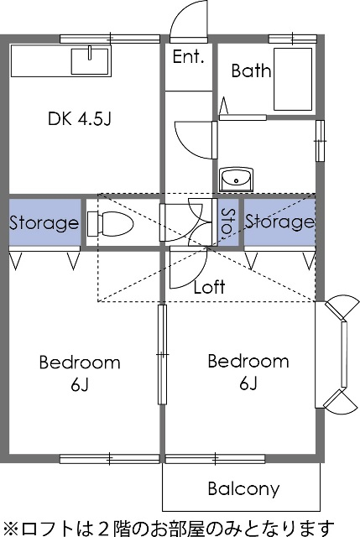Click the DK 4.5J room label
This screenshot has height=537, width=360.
point(80,118)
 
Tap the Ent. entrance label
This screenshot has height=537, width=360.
point(189,56)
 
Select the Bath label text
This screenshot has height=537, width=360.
point(251,70)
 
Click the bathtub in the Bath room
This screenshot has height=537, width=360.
point(293,79)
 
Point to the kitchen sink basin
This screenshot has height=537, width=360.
point(90,61)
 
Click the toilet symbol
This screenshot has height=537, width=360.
point(110,224)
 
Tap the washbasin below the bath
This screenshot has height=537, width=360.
point(236,179)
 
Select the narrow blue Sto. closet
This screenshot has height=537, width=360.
point(228,222)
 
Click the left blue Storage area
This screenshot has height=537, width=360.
point(44,222)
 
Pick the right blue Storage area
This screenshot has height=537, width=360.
point(279,222)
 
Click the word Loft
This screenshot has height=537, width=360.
point(209,287)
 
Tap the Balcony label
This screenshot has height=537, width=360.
point(243,488)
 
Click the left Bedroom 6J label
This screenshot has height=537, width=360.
point(80,373)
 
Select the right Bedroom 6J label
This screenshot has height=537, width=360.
point(248,373)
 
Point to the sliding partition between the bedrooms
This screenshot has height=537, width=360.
point(162,354)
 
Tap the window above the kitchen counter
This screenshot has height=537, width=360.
point(110,39)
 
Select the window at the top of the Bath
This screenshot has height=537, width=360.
point(293,39)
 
